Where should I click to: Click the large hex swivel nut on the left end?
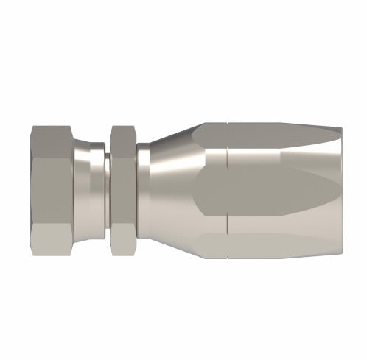point(53,180)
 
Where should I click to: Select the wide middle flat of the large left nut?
point(53,180)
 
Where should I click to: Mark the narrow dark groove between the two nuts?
point(105,180)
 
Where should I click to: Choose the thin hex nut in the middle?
point(122,180)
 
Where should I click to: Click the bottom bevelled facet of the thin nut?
point(122,224)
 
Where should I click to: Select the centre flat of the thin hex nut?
point(122,180)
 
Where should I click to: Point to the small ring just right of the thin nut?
point(141,180)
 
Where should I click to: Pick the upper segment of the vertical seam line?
point(228,144)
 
